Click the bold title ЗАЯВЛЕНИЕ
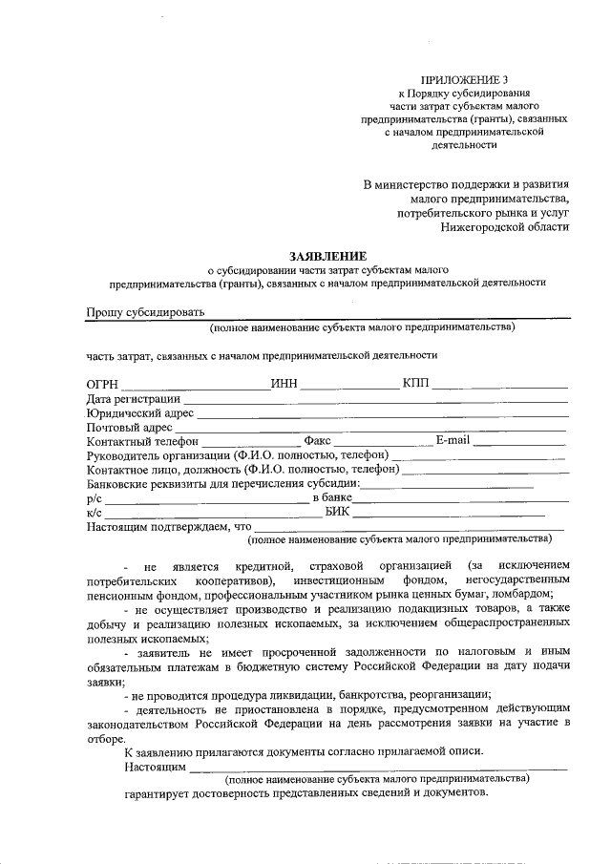click(x=327, y=256)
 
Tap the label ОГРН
click(x=102, y=384)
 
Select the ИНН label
click(x=284, y=384)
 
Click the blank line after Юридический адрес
click(x=381, y=413)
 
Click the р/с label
click(x=94, y=498)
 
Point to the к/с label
click(x=94, y=513)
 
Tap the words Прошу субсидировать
click(x=143, y=312)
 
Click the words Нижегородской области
click(x=506, y=227)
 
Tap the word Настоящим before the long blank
click(x=155, y=766)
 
